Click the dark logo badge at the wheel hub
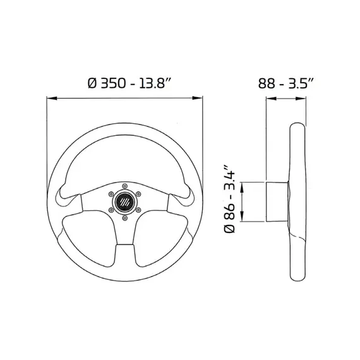point(124,203)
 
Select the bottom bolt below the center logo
point(124,219)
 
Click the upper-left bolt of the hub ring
point(111,195)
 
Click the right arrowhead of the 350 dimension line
point(198,99)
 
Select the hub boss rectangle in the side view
point(276,201)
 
